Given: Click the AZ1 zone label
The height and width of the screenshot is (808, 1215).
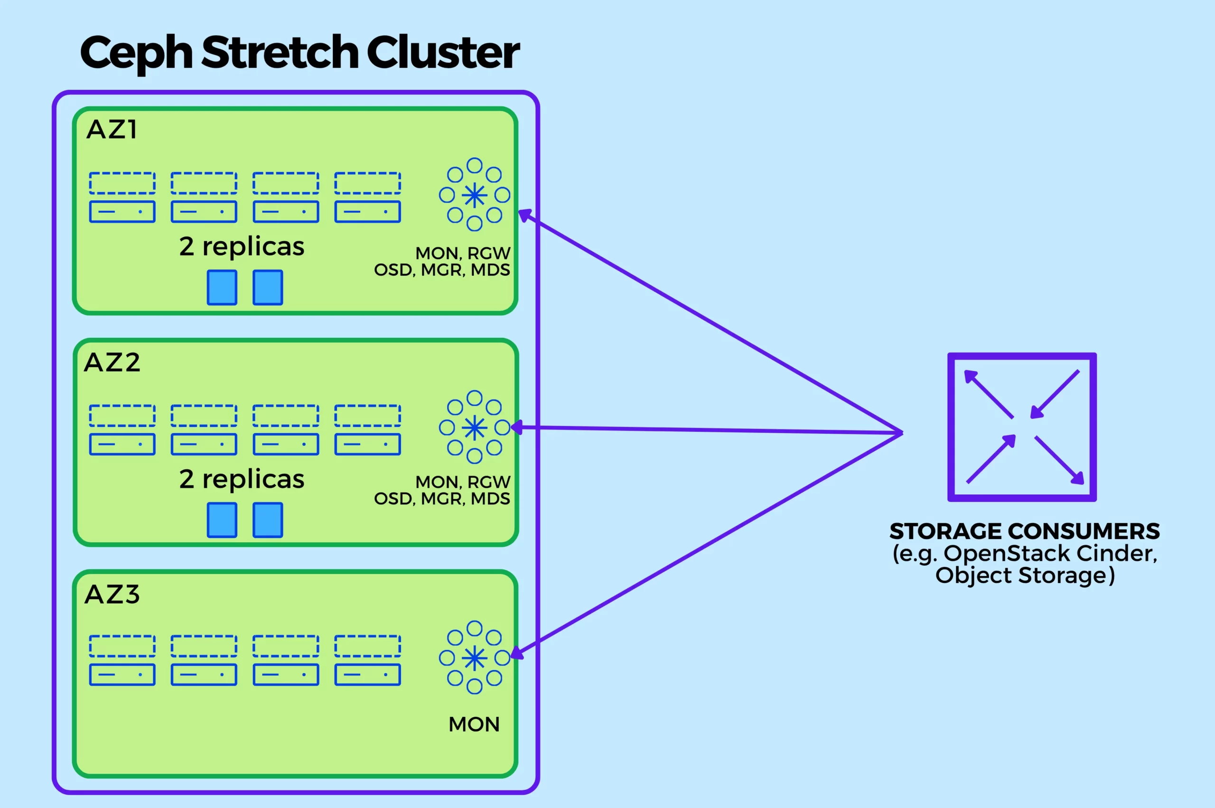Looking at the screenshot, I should (x=112, y=130).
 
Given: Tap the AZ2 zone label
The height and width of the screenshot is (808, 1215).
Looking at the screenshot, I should (x=112, y=362).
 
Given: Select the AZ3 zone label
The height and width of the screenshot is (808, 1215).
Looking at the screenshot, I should (x=112, y=594).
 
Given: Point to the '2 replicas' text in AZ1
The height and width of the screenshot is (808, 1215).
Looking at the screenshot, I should (x=242, y=246).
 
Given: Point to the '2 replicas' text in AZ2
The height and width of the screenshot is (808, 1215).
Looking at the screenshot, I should (x=242, y=479).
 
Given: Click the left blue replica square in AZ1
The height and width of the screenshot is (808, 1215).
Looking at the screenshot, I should (x=222, y=288).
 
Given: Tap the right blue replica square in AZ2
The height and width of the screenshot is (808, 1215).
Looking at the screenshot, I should (x=268, y=520).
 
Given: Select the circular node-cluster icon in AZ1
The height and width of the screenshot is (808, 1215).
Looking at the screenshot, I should (x=474, y=195).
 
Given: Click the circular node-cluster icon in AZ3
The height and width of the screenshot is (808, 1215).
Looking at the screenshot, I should (x=474, y=658).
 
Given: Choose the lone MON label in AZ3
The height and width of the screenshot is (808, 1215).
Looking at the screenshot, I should (x=474, y=724).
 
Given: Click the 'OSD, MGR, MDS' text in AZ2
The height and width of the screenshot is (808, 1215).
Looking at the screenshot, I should (x=442, y=498).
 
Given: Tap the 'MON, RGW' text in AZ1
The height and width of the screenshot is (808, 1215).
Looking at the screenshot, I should (x=462, y=253).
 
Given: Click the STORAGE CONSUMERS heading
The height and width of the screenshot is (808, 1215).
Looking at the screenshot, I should (x=1024, y=531).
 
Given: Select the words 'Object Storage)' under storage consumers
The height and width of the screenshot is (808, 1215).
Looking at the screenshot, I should (x=1025, y=575).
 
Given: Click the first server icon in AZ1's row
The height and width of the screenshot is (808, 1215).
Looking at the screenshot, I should (x=122, y=197).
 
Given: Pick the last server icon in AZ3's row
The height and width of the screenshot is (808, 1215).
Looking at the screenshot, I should (x=367, y=660).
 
